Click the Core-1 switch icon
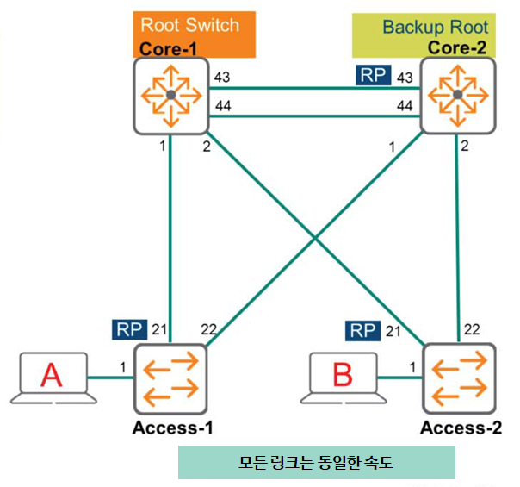tap(170, 95)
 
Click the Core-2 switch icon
tap(459, 95)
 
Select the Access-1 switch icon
tap(171, 379)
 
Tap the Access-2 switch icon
tap(459, 379)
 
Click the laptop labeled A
tap(53, 378)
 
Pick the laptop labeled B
tap(343, 378)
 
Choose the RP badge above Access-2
tap(362, 329)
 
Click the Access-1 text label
tap(172, 428)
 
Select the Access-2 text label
tap(460, 428)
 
